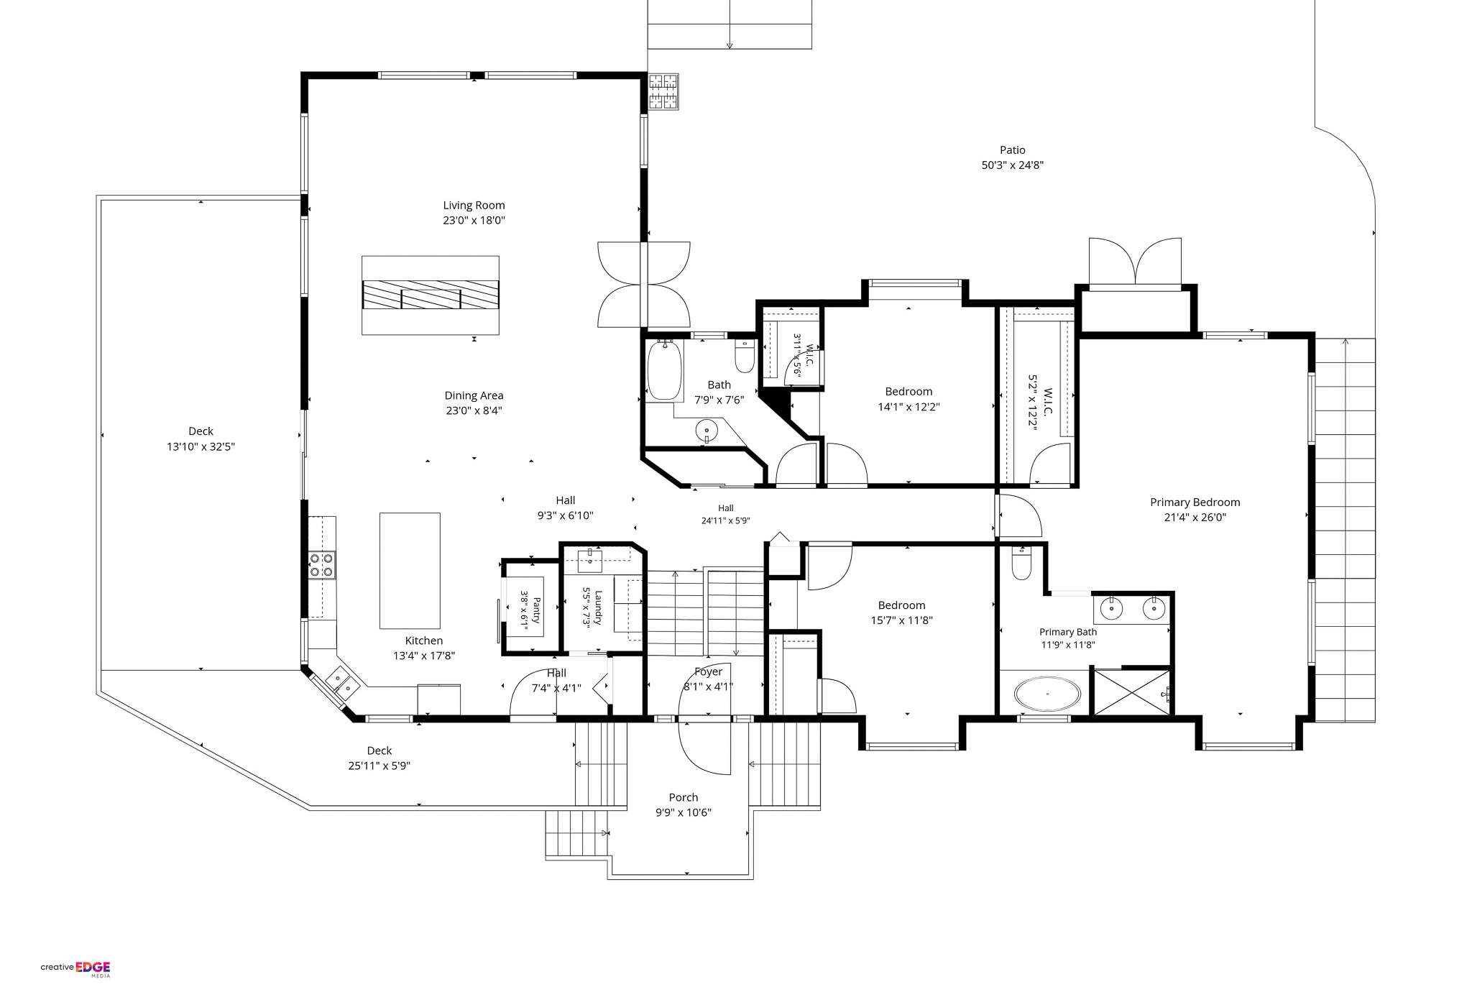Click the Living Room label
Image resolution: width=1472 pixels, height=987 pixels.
(x=474, y=206)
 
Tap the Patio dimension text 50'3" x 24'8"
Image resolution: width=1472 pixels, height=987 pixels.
(x=1012, y=165)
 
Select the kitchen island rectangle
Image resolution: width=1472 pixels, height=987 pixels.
(x=410, y=571)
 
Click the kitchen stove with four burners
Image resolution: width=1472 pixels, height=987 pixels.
(x=322, y=564)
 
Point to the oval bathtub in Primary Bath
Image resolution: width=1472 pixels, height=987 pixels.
(x=1046, y=694)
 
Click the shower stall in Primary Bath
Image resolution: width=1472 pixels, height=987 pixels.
(x=1131, y=692)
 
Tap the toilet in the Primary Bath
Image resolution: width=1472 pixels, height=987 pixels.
(x=1021, y=563)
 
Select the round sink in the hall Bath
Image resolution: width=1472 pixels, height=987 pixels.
(x=707, y=431)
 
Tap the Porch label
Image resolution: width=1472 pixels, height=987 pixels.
(x=683, y=797)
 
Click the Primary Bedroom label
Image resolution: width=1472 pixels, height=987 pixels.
(x=1195, y=502)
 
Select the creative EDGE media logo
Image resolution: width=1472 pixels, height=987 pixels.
(x=75, y=968)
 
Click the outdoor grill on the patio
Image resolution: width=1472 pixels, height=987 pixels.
(x=663, y=91)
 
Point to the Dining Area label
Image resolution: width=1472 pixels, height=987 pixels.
(x=474, y=395)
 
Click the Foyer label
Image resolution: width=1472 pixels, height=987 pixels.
(x=708, y=672)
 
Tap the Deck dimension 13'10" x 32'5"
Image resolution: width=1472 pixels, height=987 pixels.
(x=201, y=447)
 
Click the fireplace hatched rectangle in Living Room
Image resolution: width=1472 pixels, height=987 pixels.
(x=430, y=295)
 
